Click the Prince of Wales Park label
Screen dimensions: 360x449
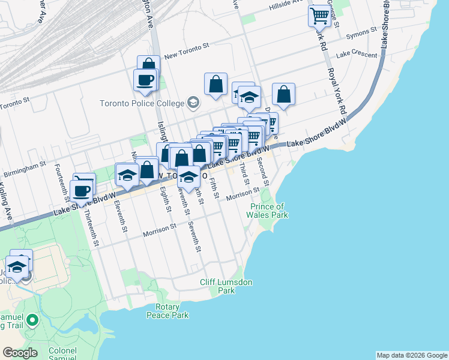(269, 211)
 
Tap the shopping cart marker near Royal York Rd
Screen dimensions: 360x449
(320, 15)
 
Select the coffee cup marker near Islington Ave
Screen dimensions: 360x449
(145, 80)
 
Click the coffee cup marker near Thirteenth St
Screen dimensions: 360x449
(81, 192)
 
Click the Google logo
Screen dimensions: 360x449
(20, 353)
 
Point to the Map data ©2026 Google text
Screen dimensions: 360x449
(411, 355)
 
